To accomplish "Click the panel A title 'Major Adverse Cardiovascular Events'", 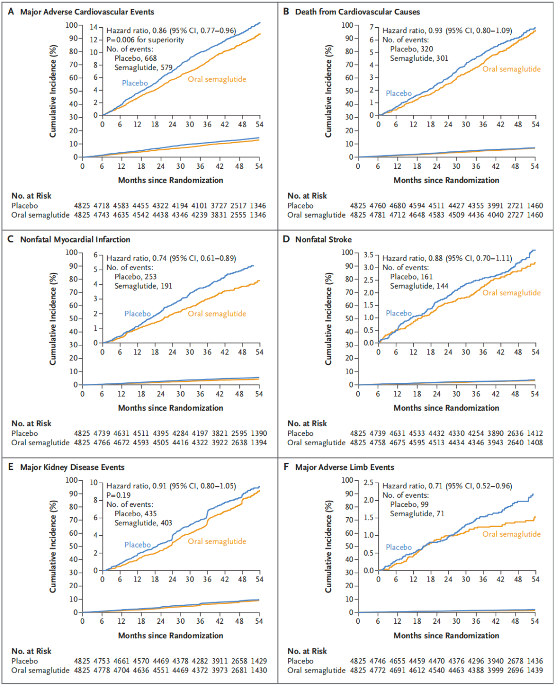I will point(87,12).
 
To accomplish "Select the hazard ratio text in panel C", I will point(171,258).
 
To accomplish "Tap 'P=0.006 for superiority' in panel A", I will point(145,40).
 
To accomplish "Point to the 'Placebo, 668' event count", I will point(135,59).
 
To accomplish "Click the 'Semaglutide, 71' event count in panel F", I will point(417,514).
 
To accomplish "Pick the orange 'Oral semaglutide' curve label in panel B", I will point(511,69).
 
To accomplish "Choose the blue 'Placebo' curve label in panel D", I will point(398,313).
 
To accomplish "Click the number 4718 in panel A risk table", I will point(101,206).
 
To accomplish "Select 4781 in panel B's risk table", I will point(377,215).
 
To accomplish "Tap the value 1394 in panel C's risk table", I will point(258,443).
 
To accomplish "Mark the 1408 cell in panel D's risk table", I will point(534,443).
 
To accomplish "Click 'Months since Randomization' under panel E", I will point(170,636).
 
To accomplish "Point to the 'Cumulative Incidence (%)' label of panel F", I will point(328,547).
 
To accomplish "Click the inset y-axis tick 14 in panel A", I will point(94,27).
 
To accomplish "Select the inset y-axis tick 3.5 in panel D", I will point(368,255).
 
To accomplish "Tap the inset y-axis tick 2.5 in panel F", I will point(368,483).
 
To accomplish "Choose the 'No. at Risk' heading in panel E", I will point(31,651).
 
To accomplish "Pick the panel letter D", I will point(286,239).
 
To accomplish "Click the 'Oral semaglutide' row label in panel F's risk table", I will point(316,670).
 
